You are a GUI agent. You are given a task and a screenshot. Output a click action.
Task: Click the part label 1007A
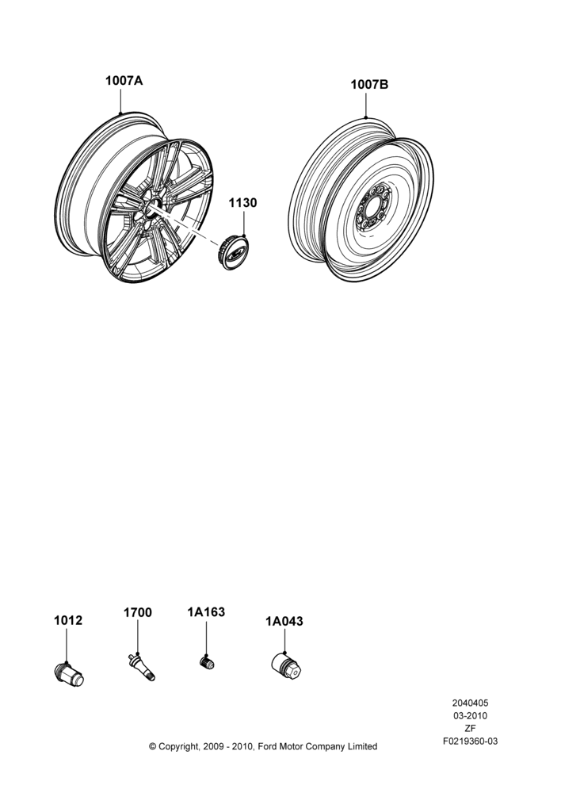tap(124, 81)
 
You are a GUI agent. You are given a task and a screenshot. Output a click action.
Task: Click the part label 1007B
tap(369, 85)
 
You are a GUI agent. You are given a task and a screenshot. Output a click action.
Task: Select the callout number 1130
tap(242, 203)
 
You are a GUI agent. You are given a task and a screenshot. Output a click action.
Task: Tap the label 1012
tap(68, 621)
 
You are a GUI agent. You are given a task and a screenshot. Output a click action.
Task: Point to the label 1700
tap(137, 612)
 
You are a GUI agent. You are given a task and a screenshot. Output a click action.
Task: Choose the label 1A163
tap(206, 612)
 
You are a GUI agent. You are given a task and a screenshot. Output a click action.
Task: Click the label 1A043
tap(284, 621)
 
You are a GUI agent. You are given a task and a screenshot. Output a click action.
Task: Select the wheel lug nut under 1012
tap(69, 673)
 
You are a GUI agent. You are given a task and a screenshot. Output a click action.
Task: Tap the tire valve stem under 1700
tap(142, 667)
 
